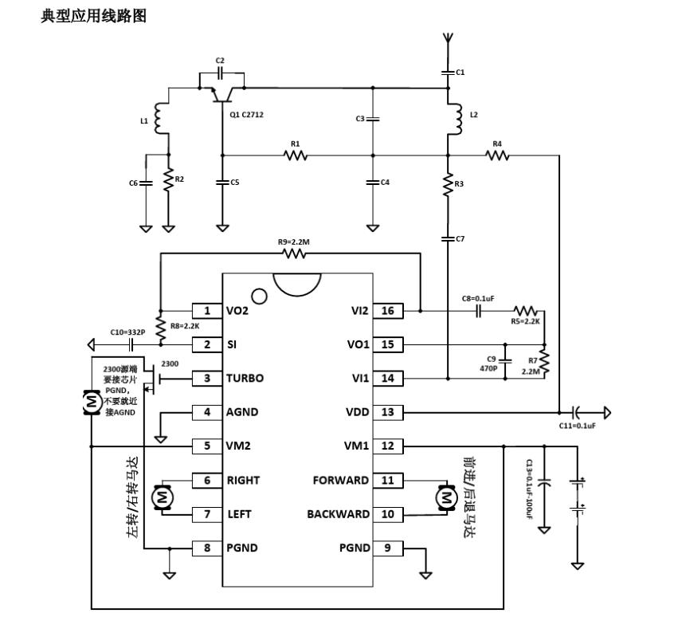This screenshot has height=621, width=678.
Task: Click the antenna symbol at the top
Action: (x=448, y=38)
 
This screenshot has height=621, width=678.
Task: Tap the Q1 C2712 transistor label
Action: (x=246, y=115)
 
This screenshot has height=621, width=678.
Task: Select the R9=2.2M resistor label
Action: (x=294, y=242)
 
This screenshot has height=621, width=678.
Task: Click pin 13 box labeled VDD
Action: (x=388, y=412)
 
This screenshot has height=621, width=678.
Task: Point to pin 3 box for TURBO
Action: (x=207, y=378)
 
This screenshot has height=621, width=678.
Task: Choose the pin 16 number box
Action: (x=388, y=311)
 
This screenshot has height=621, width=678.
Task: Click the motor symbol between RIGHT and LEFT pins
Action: (x=163, y=497)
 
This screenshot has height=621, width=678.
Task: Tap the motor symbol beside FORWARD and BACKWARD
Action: (x=446, y=497)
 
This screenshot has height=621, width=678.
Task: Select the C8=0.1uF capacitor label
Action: (x=478, y=299)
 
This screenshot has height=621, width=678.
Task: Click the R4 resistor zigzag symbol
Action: (x=497, y=155)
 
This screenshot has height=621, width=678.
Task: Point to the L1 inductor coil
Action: (x=160, y=119)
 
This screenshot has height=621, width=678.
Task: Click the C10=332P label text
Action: (x=127, y=332)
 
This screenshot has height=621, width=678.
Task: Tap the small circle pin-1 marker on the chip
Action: (x=259, y=296)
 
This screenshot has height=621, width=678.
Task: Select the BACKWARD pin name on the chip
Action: (x=338, y=514)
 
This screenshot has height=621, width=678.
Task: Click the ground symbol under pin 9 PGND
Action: (x=425, y=575)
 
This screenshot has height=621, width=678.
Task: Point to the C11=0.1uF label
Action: (x=577, y=426)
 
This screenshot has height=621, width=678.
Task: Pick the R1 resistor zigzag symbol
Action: (x=296, y=155)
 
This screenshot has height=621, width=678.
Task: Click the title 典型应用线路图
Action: (x=94, y=16)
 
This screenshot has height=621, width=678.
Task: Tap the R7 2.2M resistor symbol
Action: (x=544, y=362)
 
